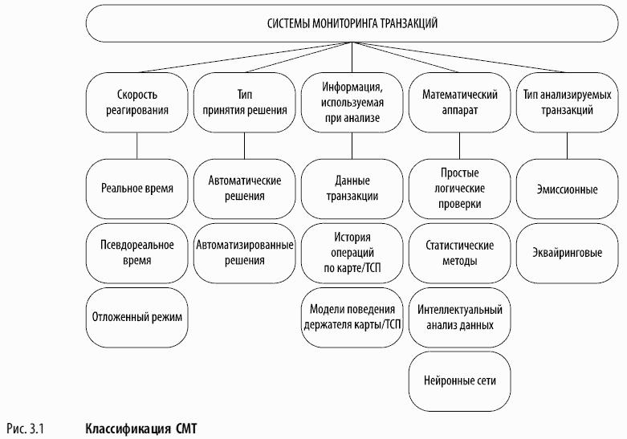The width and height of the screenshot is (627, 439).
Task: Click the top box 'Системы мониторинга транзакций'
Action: (352, 23)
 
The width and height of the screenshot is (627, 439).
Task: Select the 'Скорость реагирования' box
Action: (136, 103)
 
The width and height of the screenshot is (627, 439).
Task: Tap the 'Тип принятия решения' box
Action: (244, 103)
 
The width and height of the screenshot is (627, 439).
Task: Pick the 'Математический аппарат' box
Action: (459, 103)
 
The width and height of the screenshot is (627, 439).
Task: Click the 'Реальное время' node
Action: (136, 189)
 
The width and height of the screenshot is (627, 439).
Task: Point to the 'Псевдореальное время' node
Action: (136, 253)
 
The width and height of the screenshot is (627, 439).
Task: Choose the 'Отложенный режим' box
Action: (136, 318)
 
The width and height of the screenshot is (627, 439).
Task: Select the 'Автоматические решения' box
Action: (244, 189)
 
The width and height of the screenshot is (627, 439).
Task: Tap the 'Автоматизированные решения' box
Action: (244, 253)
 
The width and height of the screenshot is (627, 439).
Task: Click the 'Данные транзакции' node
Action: (352, 189)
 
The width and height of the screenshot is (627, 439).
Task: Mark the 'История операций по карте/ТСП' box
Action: (352, 253)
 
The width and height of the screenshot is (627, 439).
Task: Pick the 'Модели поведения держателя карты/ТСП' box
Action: (352, 318)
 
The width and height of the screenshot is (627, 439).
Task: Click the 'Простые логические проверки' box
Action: (459, 189)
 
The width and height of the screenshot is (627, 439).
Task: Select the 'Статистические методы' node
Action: (459, 253)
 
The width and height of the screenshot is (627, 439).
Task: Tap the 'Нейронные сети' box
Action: (459, 381)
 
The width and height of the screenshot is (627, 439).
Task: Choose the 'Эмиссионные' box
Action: (567, 189)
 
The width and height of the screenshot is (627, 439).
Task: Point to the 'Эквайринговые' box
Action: (567, 253)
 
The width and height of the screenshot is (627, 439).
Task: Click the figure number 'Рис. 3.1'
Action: (25, 429)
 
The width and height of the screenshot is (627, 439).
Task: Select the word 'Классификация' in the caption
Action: (128, 429)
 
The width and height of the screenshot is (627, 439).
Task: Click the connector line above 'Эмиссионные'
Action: (567, 146)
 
